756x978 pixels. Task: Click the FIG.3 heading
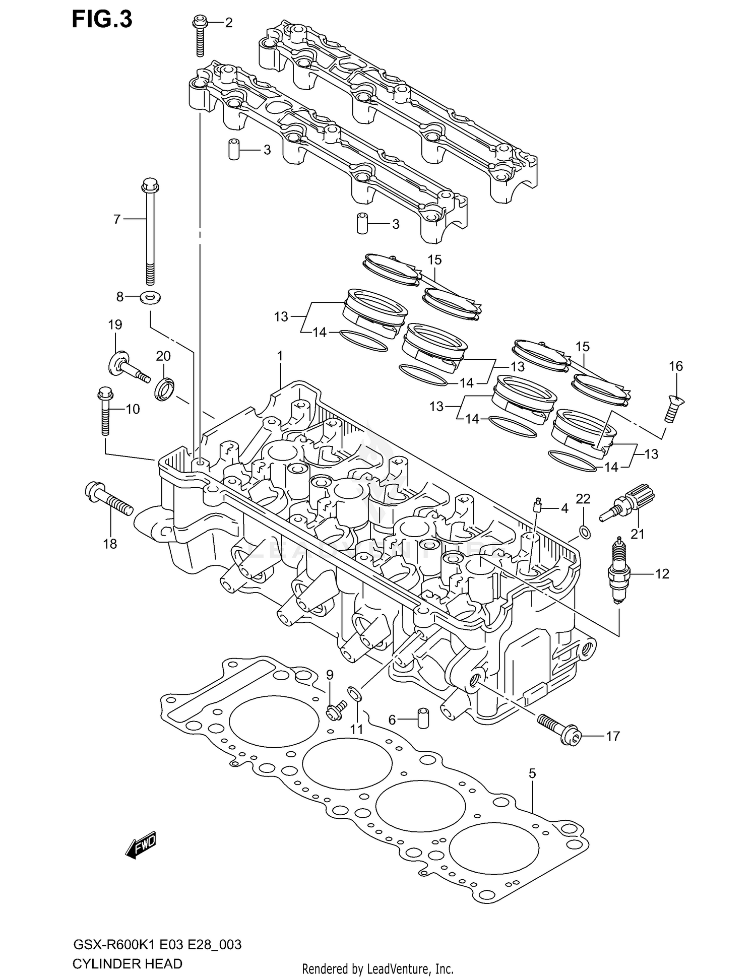click(102, 19)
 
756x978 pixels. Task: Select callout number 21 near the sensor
click(638, 534)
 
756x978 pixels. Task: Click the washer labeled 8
click(151, 297)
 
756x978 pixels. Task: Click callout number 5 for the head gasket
click(532, 773)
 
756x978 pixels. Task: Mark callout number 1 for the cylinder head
click(280, 356)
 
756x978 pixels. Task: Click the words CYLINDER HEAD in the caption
click(128, 964)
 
